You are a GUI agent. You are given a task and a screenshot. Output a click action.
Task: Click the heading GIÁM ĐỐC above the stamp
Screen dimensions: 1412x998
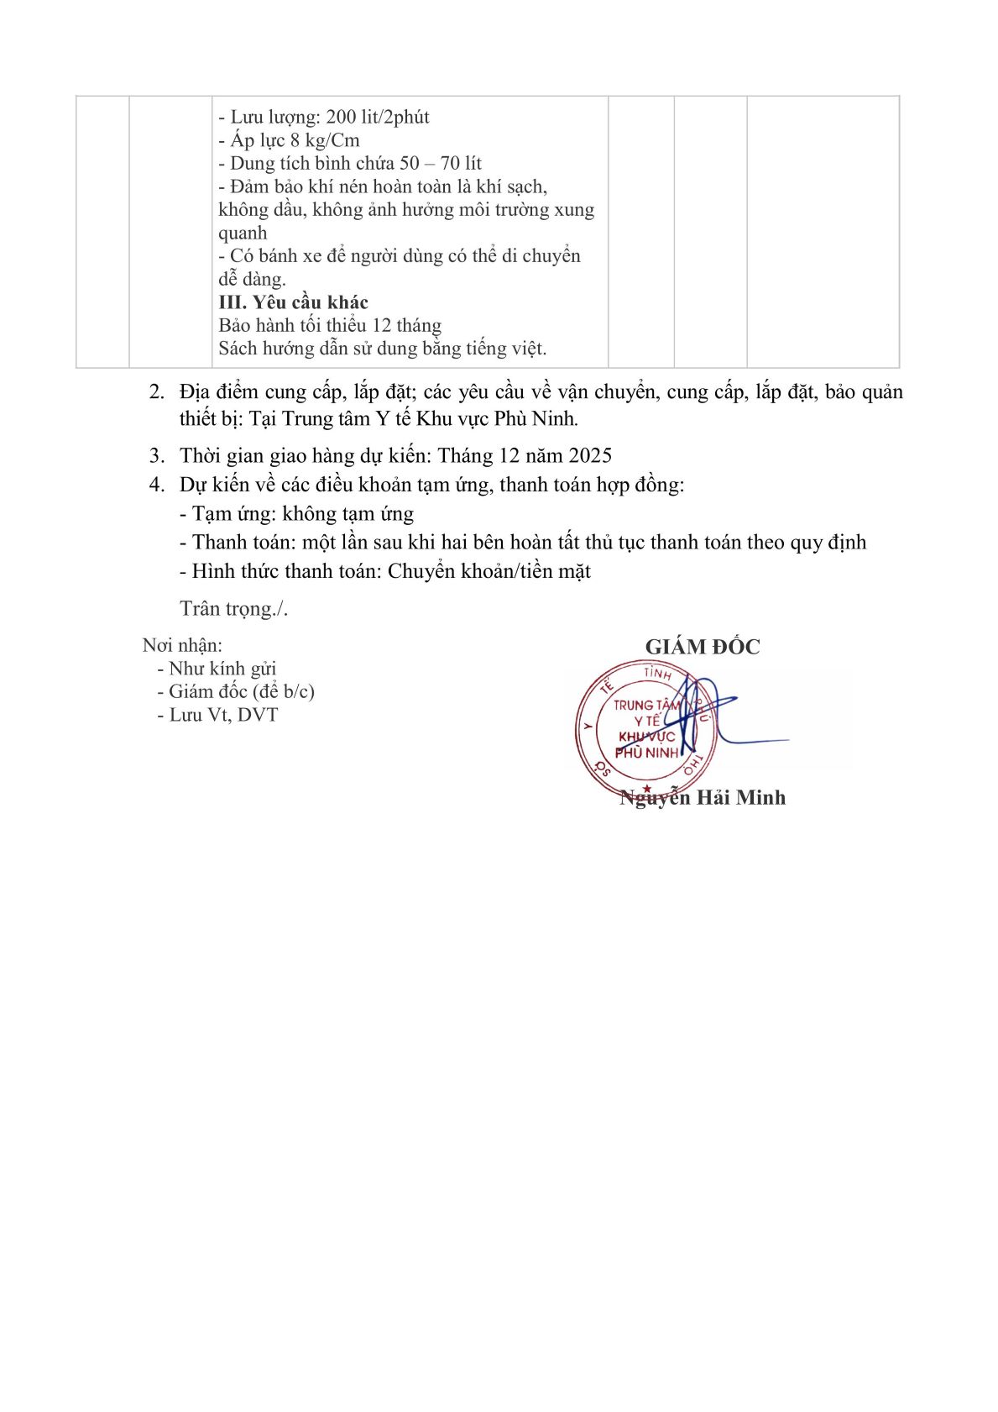click(x=702, y=647)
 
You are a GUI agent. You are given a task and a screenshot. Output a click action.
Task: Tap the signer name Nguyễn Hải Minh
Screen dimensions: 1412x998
click(x=702, y=797)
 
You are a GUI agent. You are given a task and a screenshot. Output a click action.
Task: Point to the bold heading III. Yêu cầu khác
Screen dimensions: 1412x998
click(x=293, y=302)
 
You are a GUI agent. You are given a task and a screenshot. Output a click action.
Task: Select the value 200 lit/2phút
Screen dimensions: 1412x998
click(x=377, y=117)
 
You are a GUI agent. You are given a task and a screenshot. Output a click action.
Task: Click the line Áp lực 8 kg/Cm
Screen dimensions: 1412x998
click(x=289, y=140)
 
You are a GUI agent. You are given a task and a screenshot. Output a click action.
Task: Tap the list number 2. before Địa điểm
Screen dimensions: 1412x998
click(x=156, y=392)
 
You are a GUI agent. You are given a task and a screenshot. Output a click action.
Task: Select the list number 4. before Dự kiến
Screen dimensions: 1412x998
click(x=156, y=485)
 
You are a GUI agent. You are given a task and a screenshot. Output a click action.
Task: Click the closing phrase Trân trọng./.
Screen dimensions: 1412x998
click(x=233, y=609)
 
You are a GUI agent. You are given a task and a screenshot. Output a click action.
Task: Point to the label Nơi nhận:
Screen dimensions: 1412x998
click(x=182, y=645)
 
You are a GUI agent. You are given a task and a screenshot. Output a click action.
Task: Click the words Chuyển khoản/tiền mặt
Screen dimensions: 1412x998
click(x=489, y=571)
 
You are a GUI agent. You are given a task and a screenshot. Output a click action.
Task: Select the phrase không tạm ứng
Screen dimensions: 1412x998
click(x=347, y=513)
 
